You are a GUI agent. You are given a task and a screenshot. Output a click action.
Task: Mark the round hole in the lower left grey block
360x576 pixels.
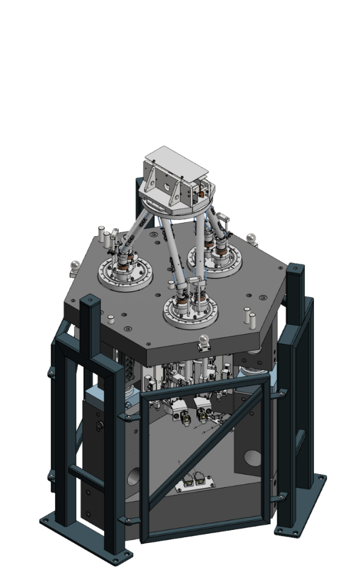click(132, 478)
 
